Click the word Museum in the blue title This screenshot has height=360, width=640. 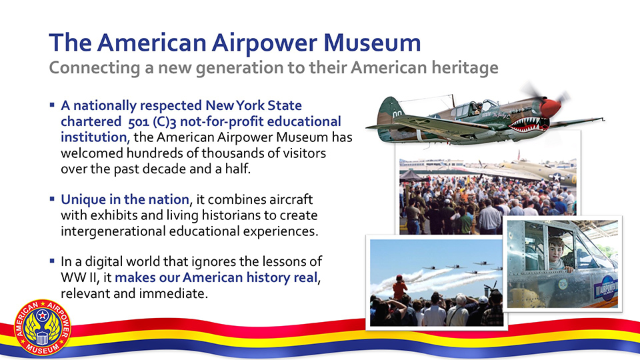[372, 43]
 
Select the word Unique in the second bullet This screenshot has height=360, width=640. [83, 199]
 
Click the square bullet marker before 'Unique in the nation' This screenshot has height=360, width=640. [52, 199]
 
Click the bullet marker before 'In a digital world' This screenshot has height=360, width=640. [52, 261]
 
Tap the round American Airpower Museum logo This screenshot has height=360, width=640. [43, 327]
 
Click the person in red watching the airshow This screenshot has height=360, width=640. [399, 288]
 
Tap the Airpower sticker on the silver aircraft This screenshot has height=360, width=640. [606, 290]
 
